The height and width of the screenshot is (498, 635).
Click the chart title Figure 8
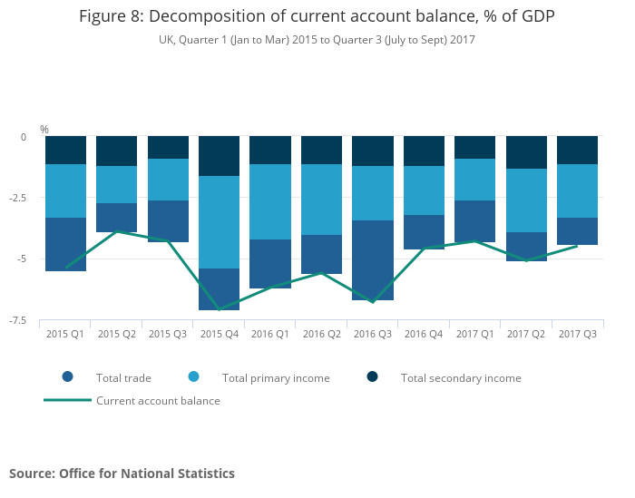click(x=317, y=17)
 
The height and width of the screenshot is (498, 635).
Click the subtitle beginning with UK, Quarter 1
click(x=317, y=40)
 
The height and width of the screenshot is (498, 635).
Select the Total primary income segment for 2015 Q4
click(x=220, y=222)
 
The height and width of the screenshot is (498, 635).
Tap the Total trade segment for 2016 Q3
click(x=373, y=259)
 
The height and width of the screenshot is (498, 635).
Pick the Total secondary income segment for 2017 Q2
click(x=526, y=152)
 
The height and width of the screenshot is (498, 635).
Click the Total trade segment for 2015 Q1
click(x=65, y=244)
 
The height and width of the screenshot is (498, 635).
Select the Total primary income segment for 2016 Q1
click(x=270, y=201)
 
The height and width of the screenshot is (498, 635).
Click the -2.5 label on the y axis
click(x=23, y=198)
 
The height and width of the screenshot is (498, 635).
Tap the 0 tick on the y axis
click(x=24, y=137)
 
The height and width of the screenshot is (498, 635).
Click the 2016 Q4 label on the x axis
click(x=424, y=334)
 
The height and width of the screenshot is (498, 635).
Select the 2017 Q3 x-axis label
click(x=577, y=334)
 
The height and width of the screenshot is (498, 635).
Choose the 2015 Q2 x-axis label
click(x=117, y=334)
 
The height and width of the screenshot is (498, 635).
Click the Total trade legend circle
click(x=68, y=377)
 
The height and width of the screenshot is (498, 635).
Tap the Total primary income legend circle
click(x=193, y=377)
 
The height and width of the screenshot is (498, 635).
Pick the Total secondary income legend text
click(x=461, y=377)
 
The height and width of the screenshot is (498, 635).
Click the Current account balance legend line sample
click(x=68, y=400)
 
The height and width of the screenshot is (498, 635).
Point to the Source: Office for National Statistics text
click(x=122, y=474)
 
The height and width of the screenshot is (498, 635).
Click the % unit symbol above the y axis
click(x=44, y=130)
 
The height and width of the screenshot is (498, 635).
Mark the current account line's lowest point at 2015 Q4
click(x=220, y=310)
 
